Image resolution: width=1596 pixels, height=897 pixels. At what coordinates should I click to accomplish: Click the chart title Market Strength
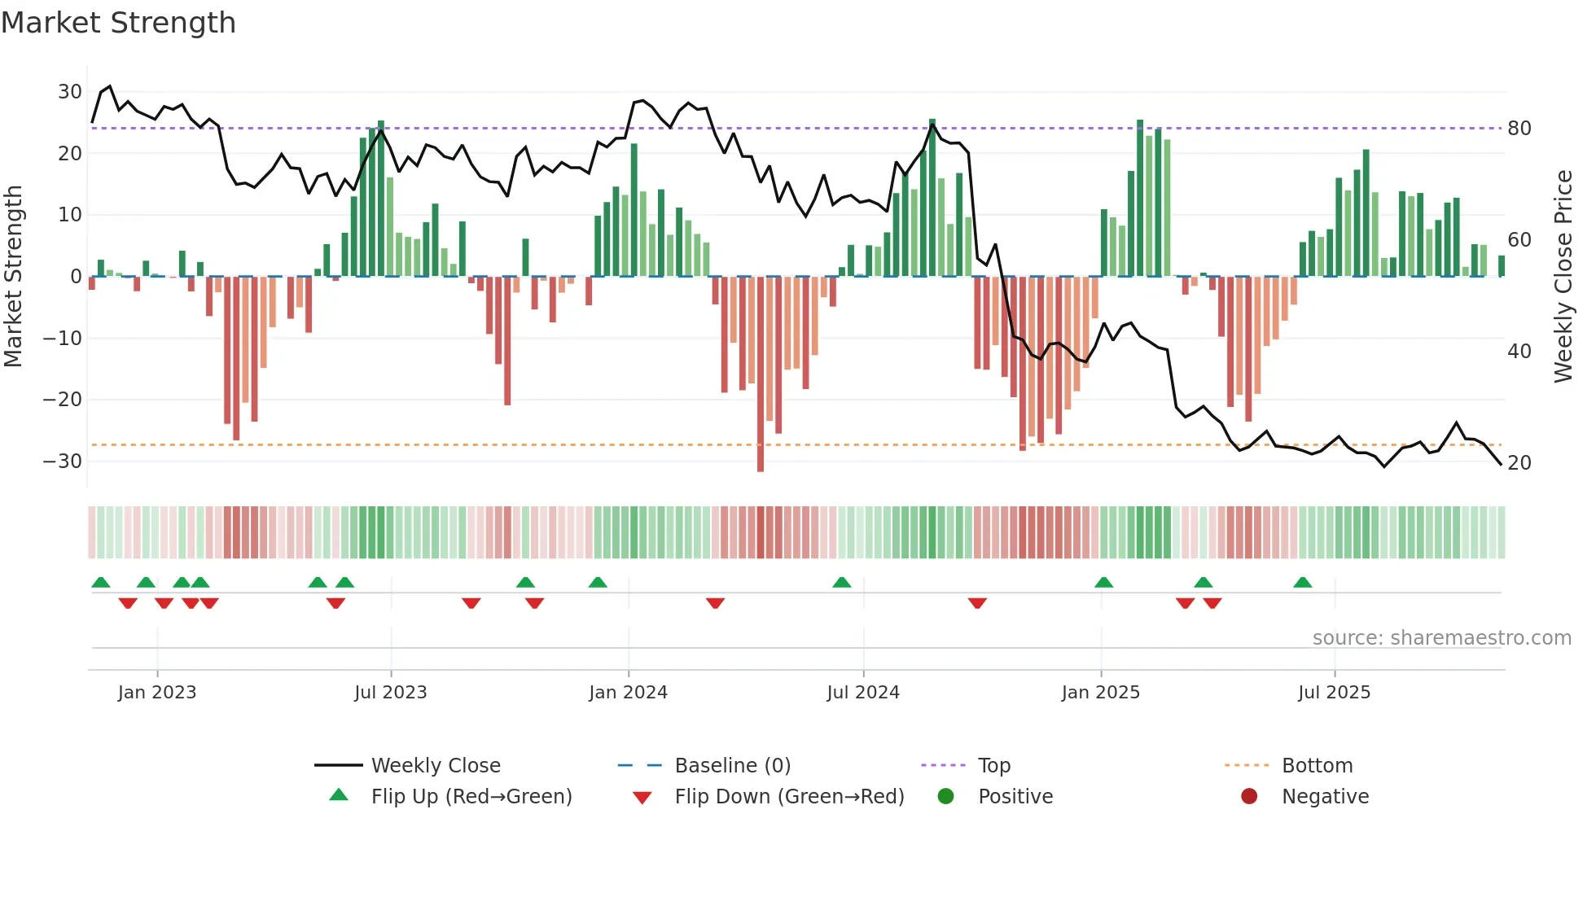(x=119, y=23)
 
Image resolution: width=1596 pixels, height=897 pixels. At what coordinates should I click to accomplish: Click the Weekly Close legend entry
(x=435, y=765)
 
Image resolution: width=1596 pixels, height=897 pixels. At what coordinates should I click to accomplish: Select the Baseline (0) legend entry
(x=732, y=765)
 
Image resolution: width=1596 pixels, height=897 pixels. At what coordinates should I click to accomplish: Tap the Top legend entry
(x=993, y=765)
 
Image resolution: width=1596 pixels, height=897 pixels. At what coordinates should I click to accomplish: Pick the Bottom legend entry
(x=1317, y=765)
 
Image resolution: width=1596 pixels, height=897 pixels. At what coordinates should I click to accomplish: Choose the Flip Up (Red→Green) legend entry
(x=471, y=796)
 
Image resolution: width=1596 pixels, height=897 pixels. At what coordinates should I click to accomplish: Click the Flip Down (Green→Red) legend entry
(x=788, y=796)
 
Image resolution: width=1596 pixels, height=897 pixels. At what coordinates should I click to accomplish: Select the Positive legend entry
(x=1015, y=796)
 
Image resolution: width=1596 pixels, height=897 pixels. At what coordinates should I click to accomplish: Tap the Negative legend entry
(x=1324, y=796)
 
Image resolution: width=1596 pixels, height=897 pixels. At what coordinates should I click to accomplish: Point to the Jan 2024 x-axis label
(x=628, y=692)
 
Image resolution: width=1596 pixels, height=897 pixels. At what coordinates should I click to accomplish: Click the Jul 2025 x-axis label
(x=1334, y=692)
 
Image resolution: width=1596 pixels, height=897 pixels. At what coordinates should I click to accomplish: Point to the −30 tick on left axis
(x=63, y=461)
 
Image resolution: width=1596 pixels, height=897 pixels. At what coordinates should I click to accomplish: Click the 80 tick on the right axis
(x=1519, y=128)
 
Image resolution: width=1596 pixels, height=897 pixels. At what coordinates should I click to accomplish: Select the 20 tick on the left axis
(x=70, y=153)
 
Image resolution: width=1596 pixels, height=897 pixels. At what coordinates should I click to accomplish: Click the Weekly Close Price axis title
(x=1563, y=277)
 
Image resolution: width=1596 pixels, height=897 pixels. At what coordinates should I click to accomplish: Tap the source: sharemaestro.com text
(x=1441, y=637)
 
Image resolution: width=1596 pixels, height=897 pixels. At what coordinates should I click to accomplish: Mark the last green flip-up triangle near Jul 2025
(x=1303, y=582)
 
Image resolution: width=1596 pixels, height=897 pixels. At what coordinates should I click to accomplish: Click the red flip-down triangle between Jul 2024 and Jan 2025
(x=977, y=603)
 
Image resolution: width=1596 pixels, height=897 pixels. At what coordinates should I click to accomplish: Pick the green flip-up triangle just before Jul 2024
(x=842, y=582)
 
